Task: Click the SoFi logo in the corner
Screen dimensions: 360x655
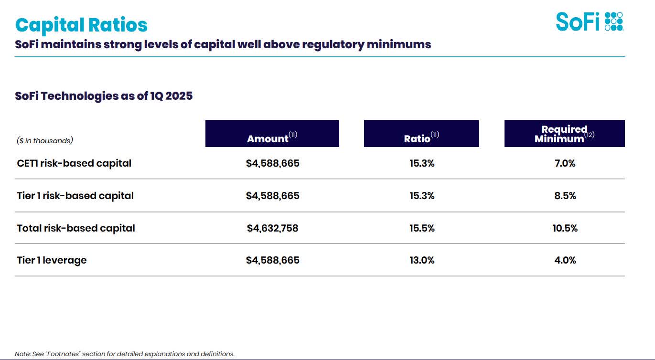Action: [589, 22]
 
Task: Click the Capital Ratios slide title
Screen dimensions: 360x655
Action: [81, 25]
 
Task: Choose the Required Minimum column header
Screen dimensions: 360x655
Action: [564, 134]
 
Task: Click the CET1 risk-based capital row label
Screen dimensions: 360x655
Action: [74, 163]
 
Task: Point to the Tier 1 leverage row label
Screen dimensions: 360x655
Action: [52, 260]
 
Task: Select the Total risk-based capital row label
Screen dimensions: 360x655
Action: [76, 228]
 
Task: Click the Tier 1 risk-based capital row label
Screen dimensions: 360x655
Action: [75, 196]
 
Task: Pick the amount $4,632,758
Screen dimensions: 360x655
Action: [272, 228]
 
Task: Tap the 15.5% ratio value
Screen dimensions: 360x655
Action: [422, 228]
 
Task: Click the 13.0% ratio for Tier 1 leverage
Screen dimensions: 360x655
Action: [422, 260]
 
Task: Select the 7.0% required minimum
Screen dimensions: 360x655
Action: [565, 163]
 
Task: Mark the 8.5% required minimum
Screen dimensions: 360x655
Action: [565, 196]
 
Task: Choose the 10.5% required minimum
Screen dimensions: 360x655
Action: [565, 228]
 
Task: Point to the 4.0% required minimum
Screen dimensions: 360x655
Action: [565, 260]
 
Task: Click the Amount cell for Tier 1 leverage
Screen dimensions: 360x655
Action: [272, 260]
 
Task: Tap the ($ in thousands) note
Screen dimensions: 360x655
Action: [45, 140]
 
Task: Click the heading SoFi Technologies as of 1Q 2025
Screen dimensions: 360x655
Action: [104, 96]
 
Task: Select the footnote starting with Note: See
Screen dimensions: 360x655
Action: [125, 354]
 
